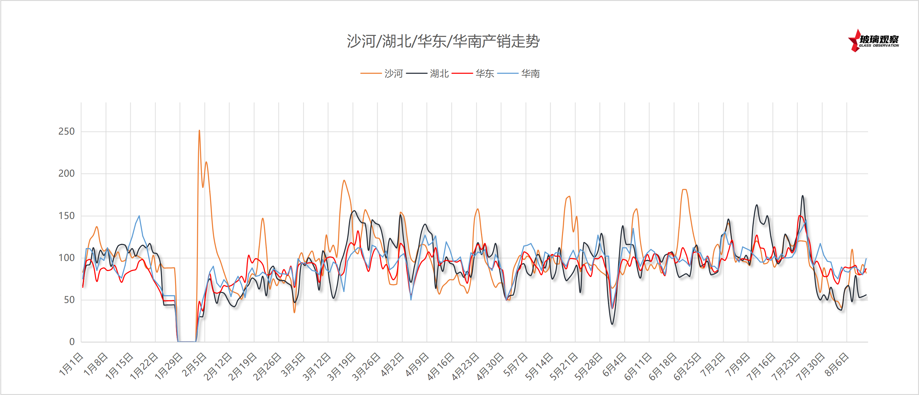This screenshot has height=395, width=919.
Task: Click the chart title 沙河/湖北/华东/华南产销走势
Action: [x=443, y=41]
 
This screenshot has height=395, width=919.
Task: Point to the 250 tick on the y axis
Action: [x=66, y=132]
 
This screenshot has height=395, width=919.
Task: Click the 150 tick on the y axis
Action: [x=66, y=216]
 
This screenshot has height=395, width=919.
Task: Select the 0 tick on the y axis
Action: [x=72, y=342]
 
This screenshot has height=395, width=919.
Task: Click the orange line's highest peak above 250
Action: [x=199, y=131]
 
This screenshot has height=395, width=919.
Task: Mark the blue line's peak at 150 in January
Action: [x=139, y=216]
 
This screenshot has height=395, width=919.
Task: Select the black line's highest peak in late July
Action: [x=803, y=196]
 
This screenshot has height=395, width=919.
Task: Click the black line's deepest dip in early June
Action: [x=613, y=324]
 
